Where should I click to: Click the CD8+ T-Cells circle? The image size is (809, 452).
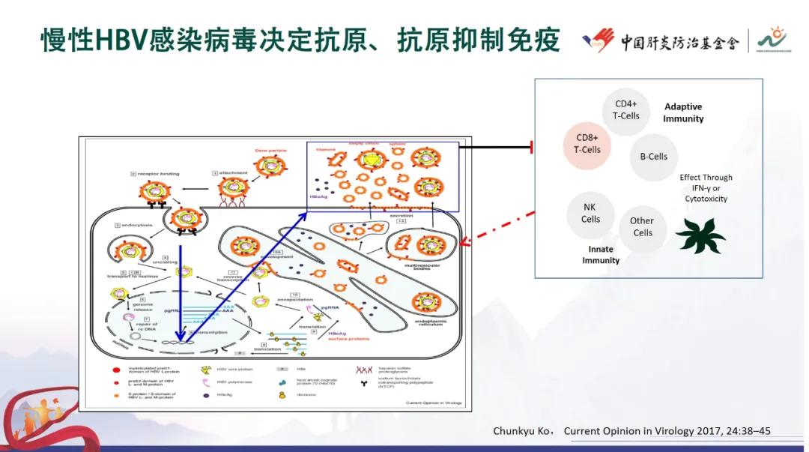pos(588,144)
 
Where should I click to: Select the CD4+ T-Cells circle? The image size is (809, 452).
pos(626,110)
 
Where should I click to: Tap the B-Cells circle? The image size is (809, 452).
pos(653,157)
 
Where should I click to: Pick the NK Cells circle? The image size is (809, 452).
pos(590,214)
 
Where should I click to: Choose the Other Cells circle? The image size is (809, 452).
pos(642,226)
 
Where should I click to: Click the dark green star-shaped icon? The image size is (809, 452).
pos(700,235)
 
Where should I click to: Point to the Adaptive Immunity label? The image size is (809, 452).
pos(683,112)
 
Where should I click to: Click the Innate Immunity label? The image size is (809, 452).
pos(601,255)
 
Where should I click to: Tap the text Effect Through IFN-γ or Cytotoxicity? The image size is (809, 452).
pos(706,188)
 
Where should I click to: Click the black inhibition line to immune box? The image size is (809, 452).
pos(494,148)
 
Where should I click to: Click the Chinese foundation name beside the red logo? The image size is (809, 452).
pos(679,42)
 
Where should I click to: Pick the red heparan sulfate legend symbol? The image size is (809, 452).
pos(366,370)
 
